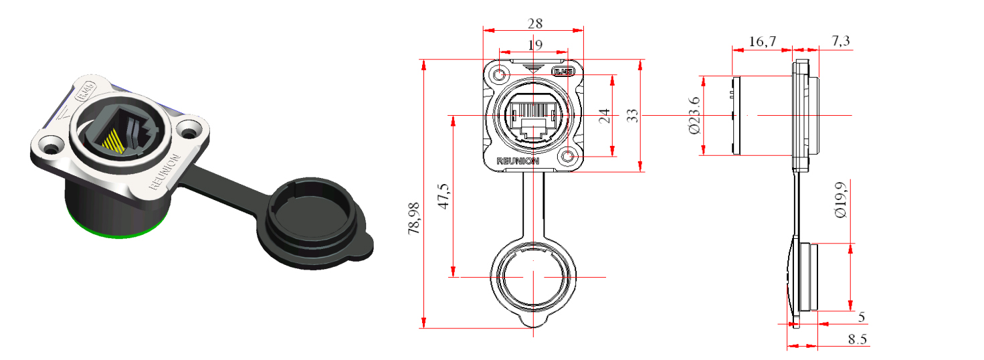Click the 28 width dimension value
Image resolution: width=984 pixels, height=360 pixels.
pyautogui.click(x=534, y=23)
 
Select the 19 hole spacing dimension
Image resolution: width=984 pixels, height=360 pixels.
pyautogui.click(x=534, y=45)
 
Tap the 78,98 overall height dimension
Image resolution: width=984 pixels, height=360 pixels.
pyautogui.click(x=414, y=218)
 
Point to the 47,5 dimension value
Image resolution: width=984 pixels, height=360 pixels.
pyautogui.click(x=443, y=196)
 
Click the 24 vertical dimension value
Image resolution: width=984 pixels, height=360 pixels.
pyautogui.click(x=604, y=116)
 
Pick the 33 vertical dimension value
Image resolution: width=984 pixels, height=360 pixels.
pyautogui.click(x=632, y=116)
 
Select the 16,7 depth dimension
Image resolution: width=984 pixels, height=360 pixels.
pyautogui.click(x=762, y=41)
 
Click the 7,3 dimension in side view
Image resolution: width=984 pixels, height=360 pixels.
pyautogui.click(x=841, y=41)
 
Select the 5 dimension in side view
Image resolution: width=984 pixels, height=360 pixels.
pyautogui.click(x=861, y=317)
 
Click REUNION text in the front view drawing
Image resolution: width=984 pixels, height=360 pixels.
pyautogui.click(x=518, y=161)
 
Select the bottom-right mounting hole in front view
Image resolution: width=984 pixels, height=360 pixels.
pyautogui.click(x=569, y=157)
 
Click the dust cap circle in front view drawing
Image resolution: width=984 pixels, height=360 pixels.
pyautogui.click(x=532, y=276)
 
